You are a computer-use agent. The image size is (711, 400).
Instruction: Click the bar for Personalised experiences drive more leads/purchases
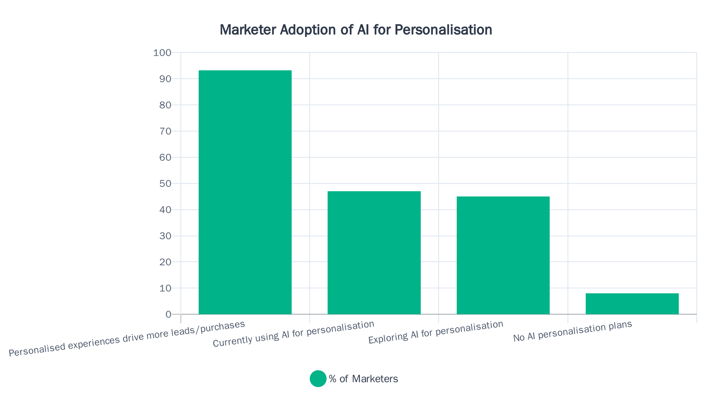[x=245, y=192]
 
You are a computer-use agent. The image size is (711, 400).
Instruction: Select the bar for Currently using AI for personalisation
[x=374, y=252]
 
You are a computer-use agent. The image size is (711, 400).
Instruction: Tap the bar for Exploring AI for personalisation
[x=503, y=255]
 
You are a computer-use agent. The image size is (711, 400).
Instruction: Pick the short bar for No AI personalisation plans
[x=632, y=304]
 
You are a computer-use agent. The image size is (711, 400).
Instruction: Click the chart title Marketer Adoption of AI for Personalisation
[x=355, y=30]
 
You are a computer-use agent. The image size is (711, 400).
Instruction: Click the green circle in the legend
[x=318, y=379]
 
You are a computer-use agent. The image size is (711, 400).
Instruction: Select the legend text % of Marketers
[x=363, y=379]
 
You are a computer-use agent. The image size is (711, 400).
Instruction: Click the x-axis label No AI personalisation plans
[x=572, y=332]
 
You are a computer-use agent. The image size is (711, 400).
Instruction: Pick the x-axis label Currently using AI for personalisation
[x=293, y=334]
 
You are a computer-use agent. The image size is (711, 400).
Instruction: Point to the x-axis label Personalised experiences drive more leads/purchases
[x=127, y=339]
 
